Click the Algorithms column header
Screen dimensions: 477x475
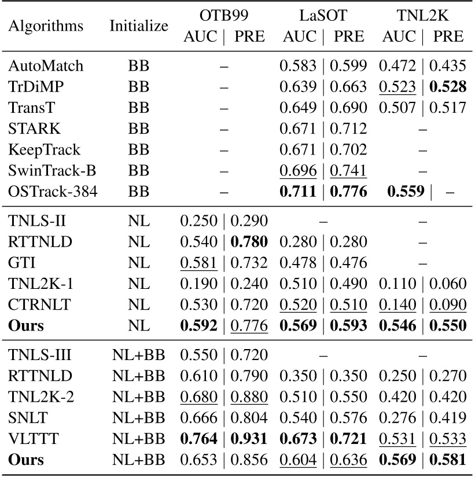47,26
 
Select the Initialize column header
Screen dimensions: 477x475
139,26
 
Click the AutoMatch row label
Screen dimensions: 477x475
46,66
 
